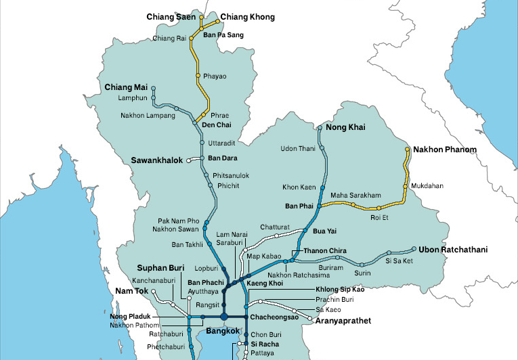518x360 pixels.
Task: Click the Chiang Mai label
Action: click(x=125, y=87)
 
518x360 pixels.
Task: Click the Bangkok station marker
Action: click(x=223, y=317)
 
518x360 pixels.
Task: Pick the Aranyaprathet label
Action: click(x=343, y=321)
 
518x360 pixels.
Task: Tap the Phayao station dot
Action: click(x=198, y=75)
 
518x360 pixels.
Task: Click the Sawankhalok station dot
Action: click(x=189, y=160)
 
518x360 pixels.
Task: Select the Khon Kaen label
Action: click(x=299, y=187)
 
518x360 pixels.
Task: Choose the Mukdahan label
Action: click(x=427, y=184)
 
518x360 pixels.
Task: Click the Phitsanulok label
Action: click(x=231, y=175)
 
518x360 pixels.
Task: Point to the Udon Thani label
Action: click(x=298, y=149)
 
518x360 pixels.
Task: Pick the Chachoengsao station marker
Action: click(x=246, y=317)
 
